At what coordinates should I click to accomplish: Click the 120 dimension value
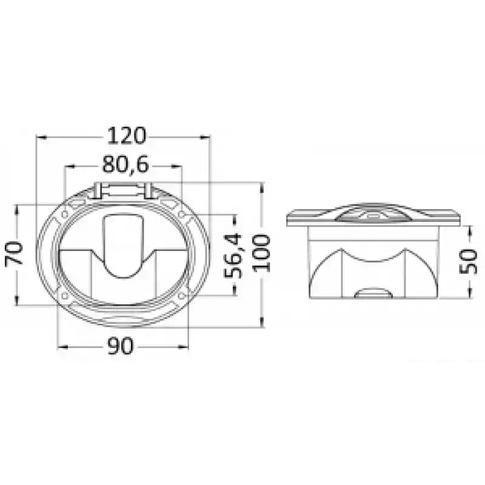(127, 136)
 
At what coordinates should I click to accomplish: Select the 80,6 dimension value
(125, 164)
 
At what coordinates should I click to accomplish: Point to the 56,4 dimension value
(233, 256)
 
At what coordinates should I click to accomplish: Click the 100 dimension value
(263, 253)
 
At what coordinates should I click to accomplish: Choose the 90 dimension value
(121, 346)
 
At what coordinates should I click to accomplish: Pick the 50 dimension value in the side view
(469, 261)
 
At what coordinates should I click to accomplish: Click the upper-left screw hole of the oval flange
(65, 214)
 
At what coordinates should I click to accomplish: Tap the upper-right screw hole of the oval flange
(182, 214)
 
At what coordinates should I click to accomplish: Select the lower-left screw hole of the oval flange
(65, 295)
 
